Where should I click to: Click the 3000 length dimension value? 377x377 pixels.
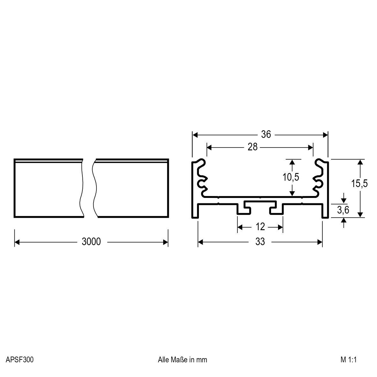(91, 242)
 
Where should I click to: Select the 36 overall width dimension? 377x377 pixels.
(266, 135)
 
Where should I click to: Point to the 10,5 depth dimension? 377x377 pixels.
(291, 177)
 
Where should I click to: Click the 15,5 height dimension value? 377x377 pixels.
(359, 184)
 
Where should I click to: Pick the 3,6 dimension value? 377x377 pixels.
(343, 210)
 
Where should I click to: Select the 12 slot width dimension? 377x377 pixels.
(260, 227)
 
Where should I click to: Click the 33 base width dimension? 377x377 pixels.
(260, 242)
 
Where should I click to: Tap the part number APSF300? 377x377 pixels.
(19, 360)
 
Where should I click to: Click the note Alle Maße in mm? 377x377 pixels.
(182, 360)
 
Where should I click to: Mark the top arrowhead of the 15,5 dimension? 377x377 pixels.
(360, 162)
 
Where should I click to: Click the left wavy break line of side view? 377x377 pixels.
(81, 188)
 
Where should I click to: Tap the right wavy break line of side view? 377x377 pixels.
(95, 188)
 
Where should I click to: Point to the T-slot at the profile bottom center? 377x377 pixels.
(260, 206)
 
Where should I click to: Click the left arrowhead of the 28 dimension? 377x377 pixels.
(210, 147)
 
